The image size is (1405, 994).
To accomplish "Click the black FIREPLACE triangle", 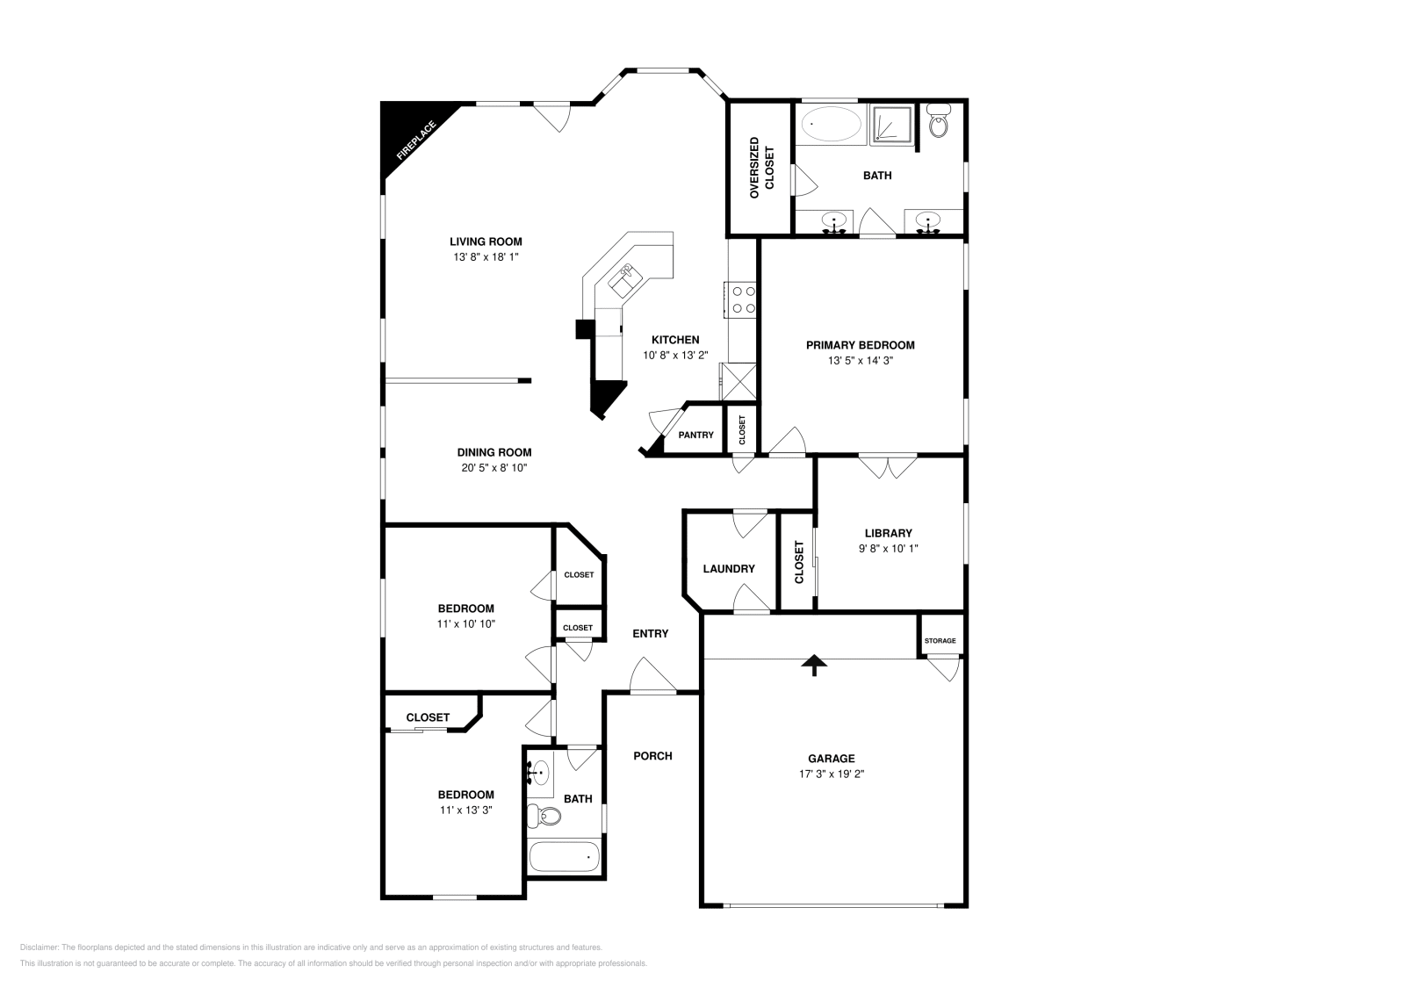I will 407,131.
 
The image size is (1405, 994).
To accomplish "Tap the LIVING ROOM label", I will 486,241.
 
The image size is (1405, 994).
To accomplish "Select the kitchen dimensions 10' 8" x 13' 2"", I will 675,356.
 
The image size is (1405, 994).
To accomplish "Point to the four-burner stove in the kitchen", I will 741,299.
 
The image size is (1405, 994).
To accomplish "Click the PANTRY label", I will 695,435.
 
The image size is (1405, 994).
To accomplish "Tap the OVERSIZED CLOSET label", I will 761,168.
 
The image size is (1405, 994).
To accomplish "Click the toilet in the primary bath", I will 939,124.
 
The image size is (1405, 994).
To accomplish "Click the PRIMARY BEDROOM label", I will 860,345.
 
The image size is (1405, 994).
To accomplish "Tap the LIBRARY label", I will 888,533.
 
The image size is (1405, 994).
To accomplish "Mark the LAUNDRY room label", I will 729,568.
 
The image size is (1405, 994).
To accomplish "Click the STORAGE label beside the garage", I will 940,641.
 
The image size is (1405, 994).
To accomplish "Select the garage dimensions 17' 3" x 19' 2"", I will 831,774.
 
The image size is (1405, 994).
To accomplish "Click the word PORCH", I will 652,755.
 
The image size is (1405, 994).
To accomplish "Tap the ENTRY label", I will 651,633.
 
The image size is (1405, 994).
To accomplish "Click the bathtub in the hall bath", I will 564,856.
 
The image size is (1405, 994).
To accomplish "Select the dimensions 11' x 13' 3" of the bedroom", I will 465,810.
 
